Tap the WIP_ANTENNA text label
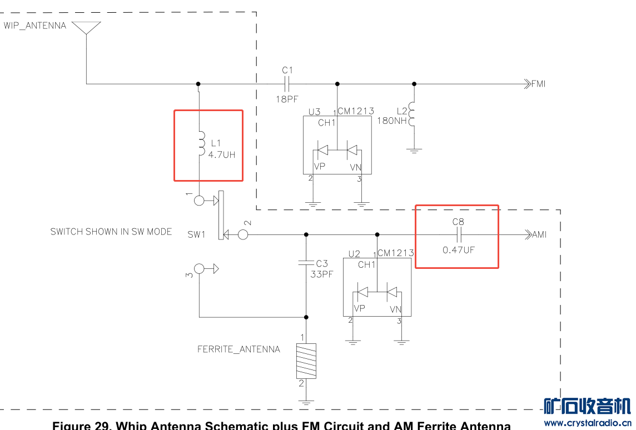(x=35, y=26)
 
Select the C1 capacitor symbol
(x=287, y=84)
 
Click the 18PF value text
(x=287, y=99)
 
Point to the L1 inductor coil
(x=201, y=143)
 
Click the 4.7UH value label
(x=222, y=155)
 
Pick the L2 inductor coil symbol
(x=412, y=114)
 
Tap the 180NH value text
(x=392, y=121)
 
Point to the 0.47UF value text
(x=459, y=250)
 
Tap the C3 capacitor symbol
(x=306, y=263)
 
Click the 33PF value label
(x=322, y=274)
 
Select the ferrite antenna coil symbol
(x=306, y=361)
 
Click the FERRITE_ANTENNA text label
(x=238, y=349)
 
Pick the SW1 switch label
(x=196, y=234)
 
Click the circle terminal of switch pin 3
(x=199, y=269)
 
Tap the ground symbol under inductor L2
(x=414, y=151)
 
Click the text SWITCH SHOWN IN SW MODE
(x=111, y=232)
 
